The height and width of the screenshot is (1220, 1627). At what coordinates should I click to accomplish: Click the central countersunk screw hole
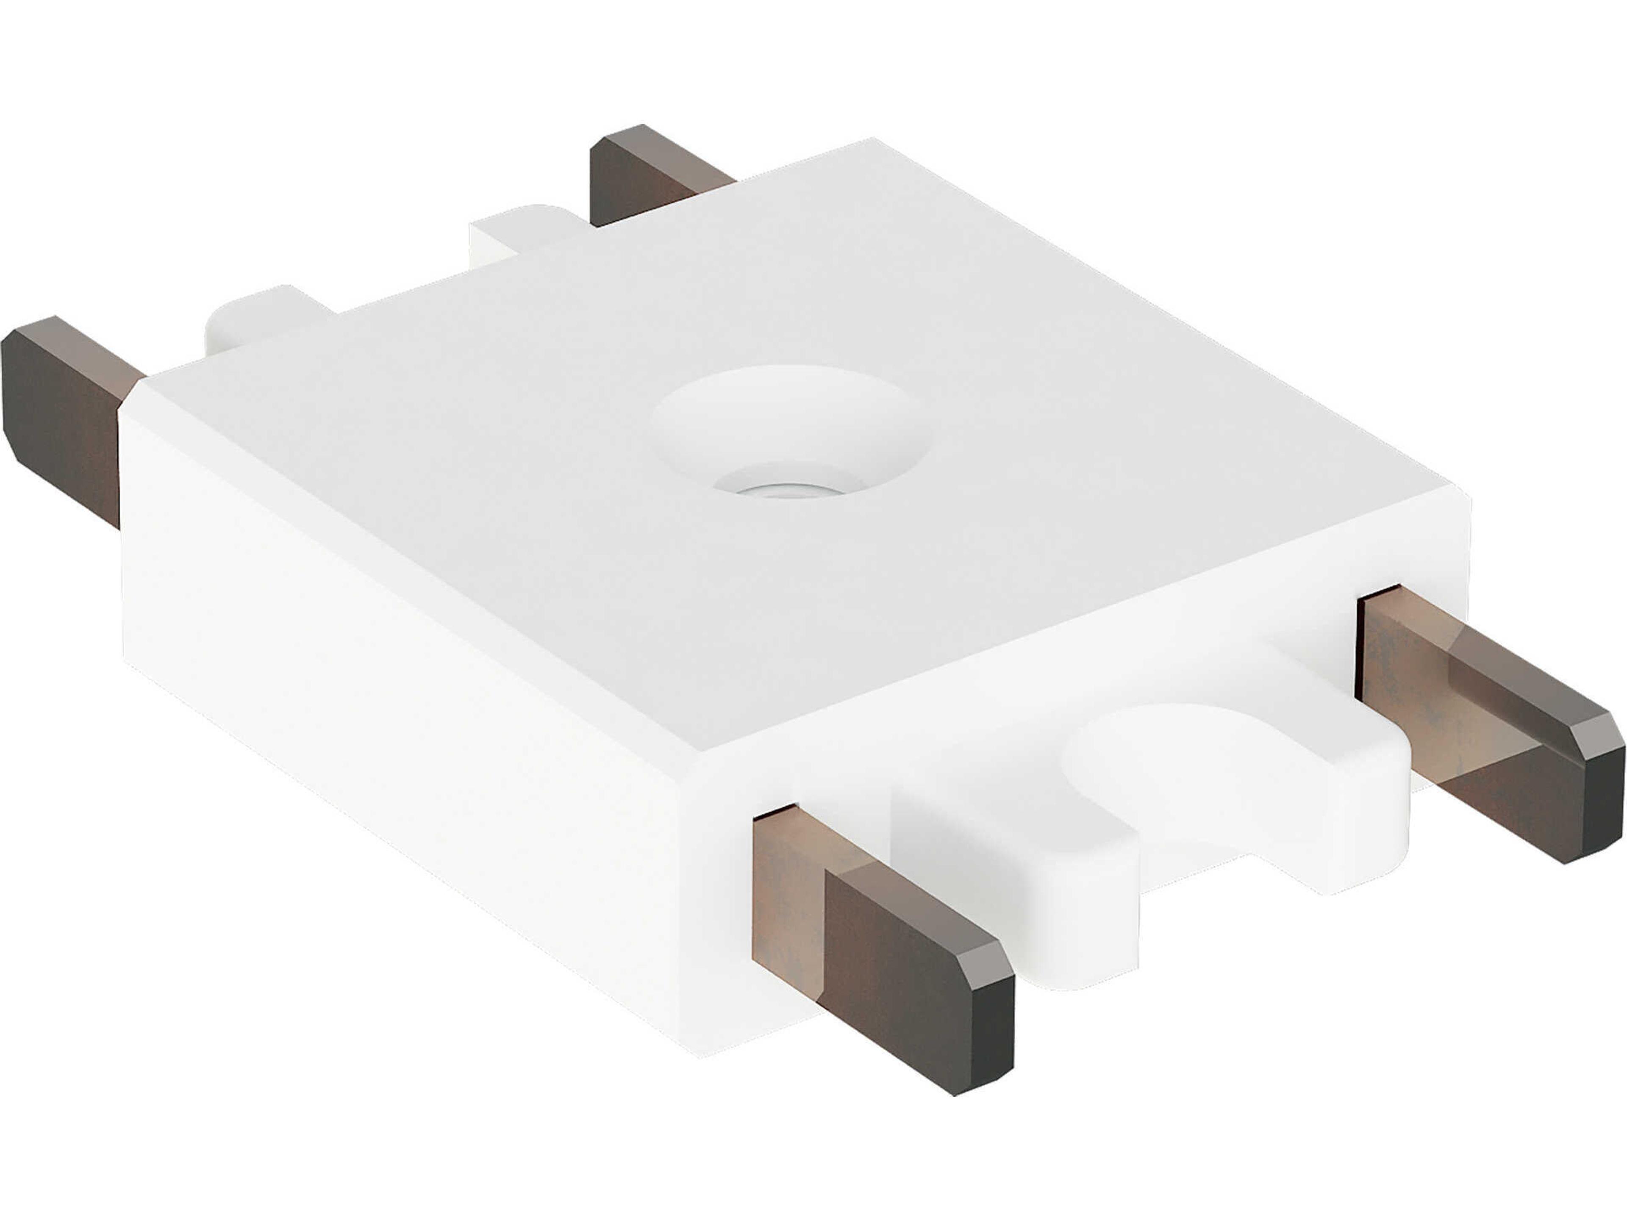[x=791, y=434]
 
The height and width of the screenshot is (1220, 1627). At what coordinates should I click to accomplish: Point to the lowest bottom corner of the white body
[x=699, y=1055]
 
